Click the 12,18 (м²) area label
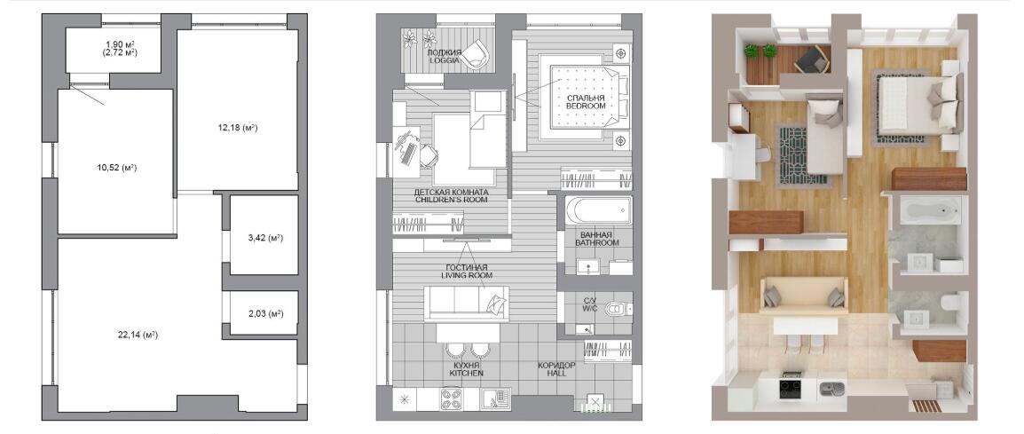pos(238,128)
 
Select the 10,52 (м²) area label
pos(116,168)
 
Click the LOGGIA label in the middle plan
pos(445,60)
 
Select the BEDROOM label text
pos(586,106)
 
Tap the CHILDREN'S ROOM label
pos(452,200)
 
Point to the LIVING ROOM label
pos(467,275)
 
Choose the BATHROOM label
pos(597,242)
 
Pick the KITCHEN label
pos(466,373)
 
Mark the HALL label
pos(556,374)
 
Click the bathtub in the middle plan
pos(599,210)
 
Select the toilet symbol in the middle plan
pos(616,309)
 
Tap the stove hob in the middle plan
pos(452,398)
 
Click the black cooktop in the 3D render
pos(791,390)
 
